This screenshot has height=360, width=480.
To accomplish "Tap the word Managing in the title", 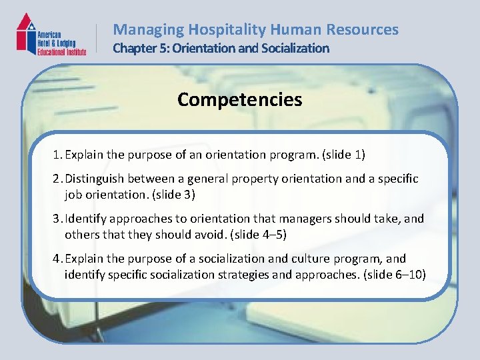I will click(x=149, y=29).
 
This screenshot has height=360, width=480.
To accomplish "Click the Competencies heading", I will click(x=239, y=100).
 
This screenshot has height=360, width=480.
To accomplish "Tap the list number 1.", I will click(x=57, y=155).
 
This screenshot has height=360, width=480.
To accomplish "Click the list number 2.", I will click(x=57, y=179).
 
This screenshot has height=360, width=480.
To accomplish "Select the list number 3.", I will click(x=57, y=219).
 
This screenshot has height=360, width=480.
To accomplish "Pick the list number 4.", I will click(x=57, y=259).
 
